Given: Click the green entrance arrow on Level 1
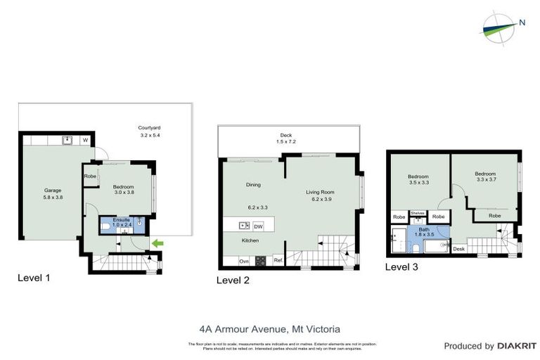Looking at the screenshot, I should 158,244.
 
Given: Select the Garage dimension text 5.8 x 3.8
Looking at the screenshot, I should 53,198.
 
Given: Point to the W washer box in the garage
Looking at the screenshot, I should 85,140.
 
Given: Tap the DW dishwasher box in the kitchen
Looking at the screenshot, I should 258,226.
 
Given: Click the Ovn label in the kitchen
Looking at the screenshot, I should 244,261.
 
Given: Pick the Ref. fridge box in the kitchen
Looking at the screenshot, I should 278,261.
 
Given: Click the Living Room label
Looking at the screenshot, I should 319,191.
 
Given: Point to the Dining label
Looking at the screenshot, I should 253,185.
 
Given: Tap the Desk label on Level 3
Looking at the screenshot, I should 458,249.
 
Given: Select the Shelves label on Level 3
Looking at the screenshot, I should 417,212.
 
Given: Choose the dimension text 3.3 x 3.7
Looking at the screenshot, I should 485,180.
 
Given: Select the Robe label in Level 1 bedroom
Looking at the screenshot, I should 90,176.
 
